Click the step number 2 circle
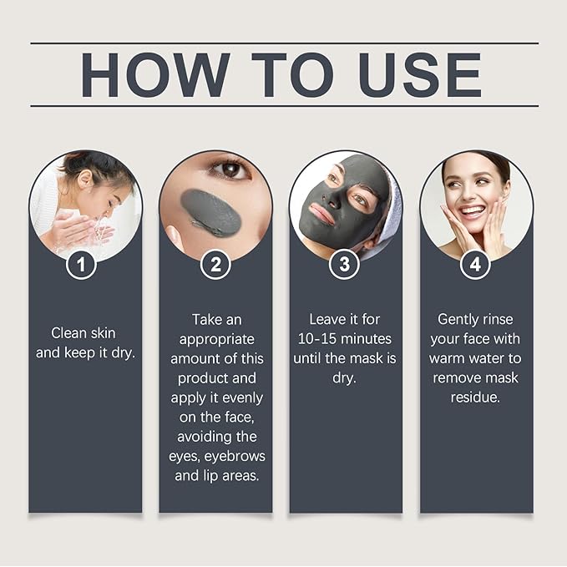click(x=215, y=266)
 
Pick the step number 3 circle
click(x=346, y=266)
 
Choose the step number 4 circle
click(x=476, y=266)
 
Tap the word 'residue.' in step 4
click(x=475, y=397)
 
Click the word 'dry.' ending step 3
click(x=345, y=377)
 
